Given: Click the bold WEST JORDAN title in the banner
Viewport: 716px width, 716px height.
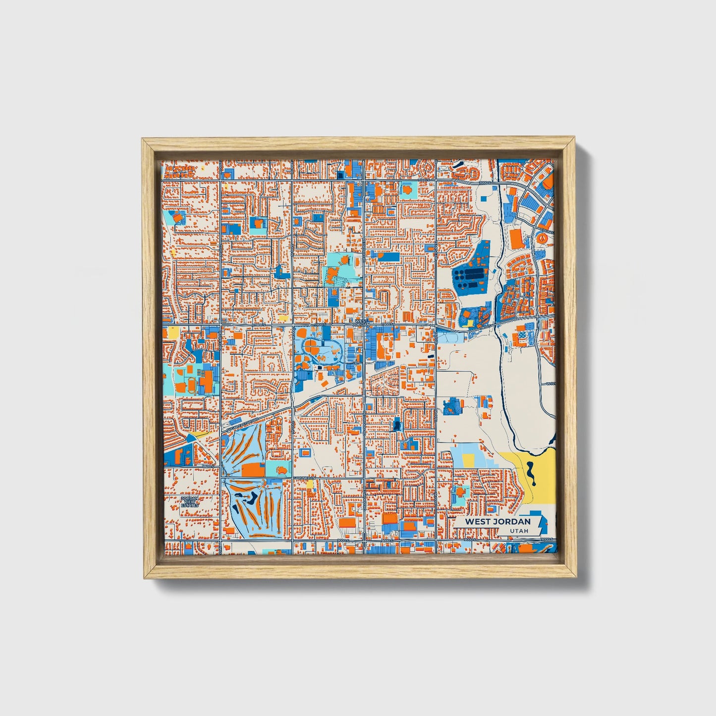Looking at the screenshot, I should [497, 521].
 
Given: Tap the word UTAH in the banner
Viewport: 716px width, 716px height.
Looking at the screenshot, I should [518, 531].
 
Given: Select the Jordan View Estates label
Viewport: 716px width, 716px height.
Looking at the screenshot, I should [189, 501].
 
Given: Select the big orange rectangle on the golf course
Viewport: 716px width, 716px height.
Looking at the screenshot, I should [253, 470].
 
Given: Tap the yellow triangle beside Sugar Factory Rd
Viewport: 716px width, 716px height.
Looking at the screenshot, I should [197, 434].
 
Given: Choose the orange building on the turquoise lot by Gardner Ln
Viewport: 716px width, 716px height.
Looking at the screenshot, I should [280, 469].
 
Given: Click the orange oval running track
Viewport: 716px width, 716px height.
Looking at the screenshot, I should [191, 385].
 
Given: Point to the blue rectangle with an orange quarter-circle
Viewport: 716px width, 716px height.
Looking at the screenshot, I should [258, 226].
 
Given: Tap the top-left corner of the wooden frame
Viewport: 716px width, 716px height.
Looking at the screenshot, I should [143, 139].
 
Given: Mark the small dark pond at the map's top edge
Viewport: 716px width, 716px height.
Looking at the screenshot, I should [458, 164].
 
